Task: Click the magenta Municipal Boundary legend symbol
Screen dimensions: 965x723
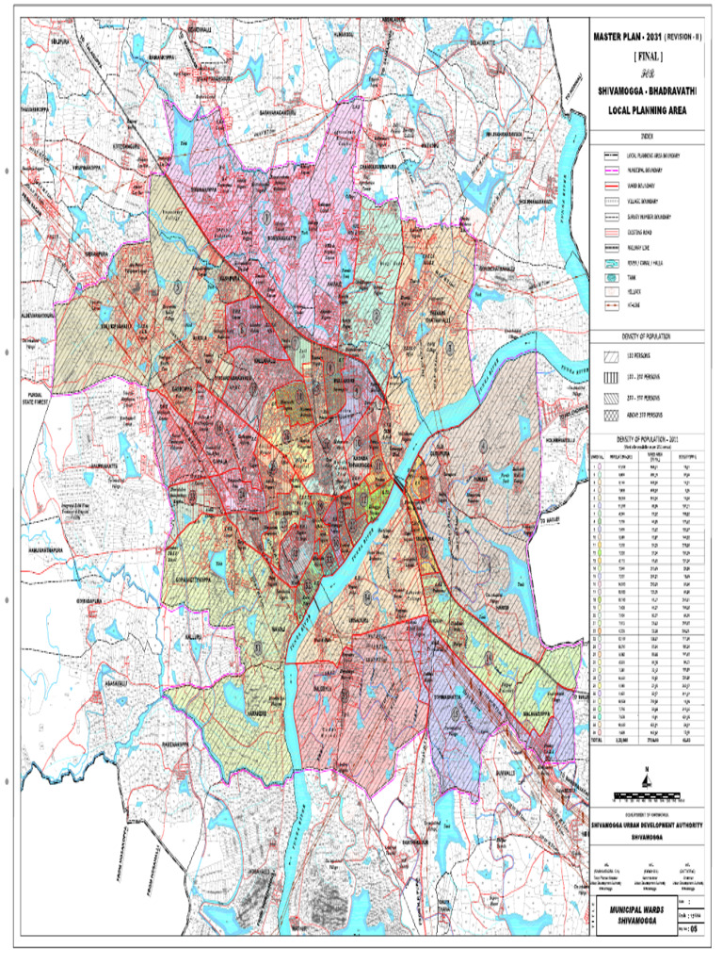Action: [x=610, y=171]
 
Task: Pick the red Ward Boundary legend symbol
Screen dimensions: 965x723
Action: [x=610, y=186]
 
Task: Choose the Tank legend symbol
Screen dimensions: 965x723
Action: [x=610, y=278]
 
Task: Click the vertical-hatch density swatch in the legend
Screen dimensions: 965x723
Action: [x=610, y=375]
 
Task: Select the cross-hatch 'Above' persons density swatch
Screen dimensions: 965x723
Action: [x=610, y=416]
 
